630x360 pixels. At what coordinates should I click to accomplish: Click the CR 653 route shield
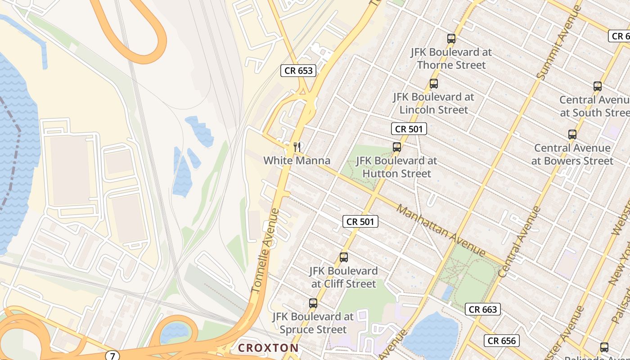coord(298,71)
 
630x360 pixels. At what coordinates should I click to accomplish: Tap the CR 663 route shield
coord(483,309)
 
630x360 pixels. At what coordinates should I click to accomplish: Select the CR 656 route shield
coord(502,341)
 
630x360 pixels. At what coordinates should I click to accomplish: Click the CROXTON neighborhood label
coord(268,348)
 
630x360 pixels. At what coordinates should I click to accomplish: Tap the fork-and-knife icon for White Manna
coord(297,147)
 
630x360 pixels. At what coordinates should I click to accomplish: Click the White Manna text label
coord(297,161)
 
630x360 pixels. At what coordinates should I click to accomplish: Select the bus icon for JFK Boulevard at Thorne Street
coord(451,39)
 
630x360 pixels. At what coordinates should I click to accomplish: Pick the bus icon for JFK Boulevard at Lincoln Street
coord(433,84)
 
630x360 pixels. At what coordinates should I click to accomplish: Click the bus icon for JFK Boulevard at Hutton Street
coord(396,147)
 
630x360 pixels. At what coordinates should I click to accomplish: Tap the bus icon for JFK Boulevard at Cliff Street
coord(344,257)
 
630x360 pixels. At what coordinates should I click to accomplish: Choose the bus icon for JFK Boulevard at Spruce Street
coord(313,303)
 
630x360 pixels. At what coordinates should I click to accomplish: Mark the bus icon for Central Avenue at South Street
coord(597,86)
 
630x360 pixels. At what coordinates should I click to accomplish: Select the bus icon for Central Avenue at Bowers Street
coord(572,135)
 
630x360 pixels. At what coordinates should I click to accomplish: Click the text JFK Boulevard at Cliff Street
coord(343,277)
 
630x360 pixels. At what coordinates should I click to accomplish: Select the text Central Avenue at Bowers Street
coord(572,154)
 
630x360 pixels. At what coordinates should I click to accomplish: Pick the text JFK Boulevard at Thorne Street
coord(451,58)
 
